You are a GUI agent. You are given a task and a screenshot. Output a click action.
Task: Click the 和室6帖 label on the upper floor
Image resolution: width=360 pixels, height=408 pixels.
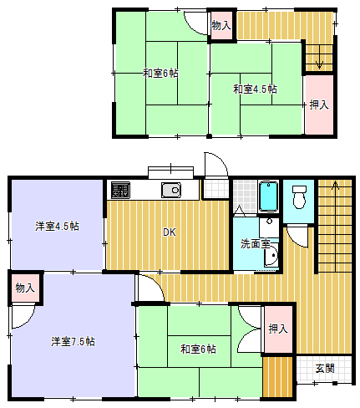[160, 74]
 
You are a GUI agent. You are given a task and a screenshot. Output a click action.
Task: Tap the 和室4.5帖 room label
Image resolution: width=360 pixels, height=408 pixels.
[255, 89]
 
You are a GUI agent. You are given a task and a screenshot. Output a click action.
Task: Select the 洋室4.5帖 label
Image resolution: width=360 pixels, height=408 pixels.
[58, 226]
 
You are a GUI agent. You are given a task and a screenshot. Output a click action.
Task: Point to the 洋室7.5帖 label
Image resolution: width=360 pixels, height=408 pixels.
[73, 341]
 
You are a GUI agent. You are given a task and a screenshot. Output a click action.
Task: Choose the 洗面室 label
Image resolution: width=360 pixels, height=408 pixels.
[255, 244]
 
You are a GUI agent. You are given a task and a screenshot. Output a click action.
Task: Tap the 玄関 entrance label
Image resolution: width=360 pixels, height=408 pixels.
[326, 368]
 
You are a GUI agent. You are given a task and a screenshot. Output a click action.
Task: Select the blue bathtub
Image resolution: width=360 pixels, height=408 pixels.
[268, 196]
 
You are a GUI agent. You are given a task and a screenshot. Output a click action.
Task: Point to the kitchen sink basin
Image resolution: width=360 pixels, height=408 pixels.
[170, 190]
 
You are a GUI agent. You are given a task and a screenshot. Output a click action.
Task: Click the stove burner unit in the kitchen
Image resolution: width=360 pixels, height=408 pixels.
[119, 190]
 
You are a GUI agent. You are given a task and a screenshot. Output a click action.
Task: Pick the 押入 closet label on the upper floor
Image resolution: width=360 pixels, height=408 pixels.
[318, 105]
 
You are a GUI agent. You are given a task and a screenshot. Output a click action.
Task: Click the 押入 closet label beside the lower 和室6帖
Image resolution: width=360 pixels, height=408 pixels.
[277, 329]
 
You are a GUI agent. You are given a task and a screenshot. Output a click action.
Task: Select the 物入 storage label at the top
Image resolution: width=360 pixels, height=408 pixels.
[221, 26]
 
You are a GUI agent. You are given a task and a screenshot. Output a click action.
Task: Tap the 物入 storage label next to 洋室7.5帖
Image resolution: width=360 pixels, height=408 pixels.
[25, 288]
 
